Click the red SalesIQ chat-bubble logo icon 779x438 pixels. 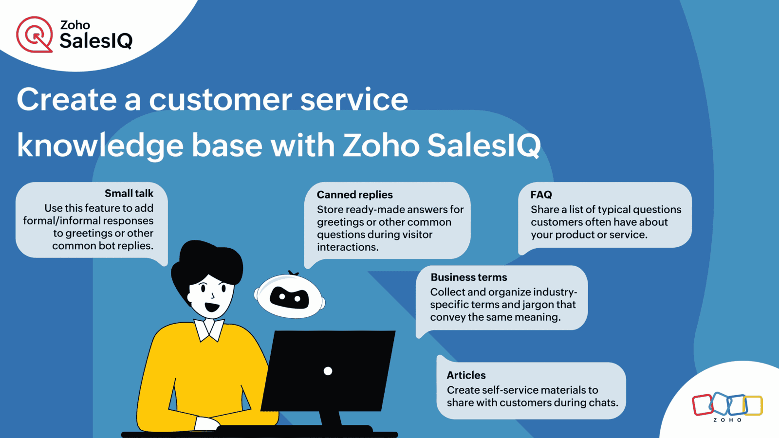35,35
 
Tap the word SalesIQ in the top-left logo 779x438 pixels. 96,41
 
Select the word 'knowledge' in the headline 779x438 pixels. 100,146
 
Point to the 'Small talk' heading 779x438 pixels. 129,193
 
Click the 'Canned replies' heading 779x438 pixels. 355,195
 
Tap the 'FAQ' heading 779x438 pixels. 541,195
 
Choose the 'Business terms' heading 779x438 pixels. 469,277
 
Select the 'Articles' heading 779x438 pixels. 466,375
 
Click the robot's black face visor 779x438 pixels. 289,298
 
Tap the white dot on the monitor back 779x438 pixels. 328,371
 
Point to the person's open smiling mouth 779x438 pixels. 212,307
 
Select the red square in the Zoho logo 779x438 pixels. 703,405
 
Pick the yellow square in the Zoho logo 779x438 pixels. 753,405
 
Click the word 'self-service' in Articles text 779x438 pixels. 500,390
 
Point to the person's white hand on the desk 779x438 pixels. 206,424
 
